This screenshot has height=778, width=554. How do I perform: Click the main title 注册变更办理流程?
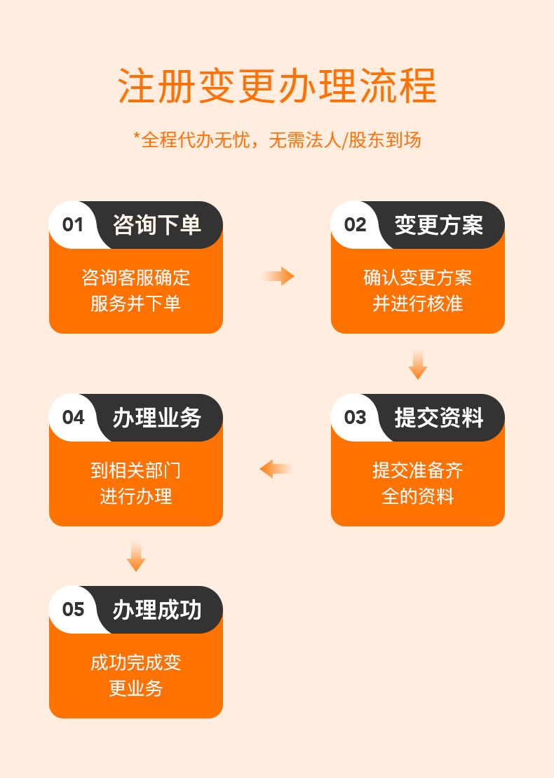pyautogui.click(x=277, y=86)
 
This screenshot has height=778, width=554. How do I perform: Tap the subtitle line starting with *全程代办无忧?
pyautogui.click(x=277, y=140)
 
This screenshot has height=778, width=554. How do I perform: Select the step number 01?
pyautogui.click(x=72, y=225)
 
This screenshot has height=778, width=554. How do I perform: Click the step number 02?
pyautogui.click(x=355, y=225)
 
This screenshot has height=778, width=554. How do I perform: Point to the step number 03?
pyautogui.click(x=355, y=417)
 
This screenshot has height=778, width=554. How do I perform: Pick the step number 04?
pyautogui.click(x=73, y=417)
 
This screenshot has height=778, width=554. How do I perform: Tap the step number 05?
pyautogui.click(x=73, y=609)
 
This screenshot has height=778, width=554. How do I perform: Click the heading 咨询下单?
pyautogui.click(x=157, y=225)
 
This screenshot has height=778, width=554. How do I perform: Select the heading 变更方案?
pyautogui.click(x=439, y=225)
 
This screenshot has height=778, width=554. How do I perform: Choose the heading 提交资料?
pyautogui.click(x=439, y=417)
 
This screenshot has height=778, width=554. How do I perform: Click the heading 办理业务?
pyautogui.click(x=157, y=417)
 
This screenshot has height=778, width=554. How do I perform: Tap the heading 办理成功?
pyautogui.click(x=157, y=609)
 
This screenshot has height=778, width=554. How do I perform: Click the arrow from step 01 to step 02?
pyautogui.click(x=278, y=276)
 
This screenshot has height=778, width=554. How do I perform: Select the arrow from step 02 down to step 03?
pyautogui.click(x=418, y=364)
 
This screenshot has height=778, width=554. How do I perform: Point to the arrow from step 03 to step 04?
pyautogui.click(x=276, y=469)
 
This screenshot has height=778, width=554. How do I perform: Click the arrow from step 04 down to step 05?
pyautogui.click(x=136, y=557)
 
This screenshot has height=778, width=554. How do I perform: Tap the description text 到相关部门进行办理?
pyautogui.click(x=136, y=484)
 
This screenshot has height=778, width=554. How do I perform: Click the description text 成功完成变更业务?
pyautogui.click(x=136, y=675)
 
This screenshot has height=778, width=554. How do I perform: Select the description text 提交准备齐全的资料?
pyautogui.click(x=418, y=484)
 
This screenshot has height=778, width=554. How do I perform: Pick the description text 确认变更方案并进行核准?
pyautogui.click(x=418, y=290)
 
